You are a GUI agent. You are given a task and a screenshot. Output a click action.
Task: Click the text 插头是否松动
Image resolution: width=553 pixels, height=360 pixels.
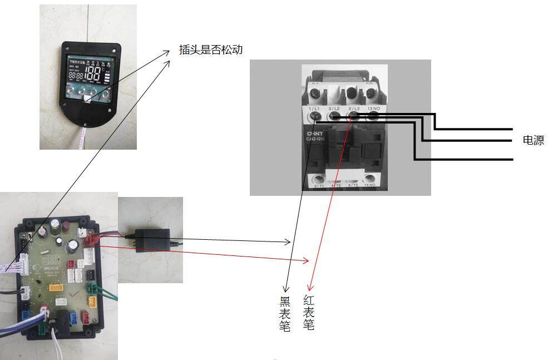coord(211,50)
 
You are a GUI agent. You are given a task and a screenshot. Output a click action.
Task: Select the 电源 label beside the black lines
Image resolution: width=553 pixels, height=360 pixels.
coord(533,140)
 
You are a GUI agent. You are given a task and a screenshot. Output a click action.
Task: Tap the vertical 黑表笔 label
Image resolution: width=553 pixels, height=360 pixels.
coord(285,314)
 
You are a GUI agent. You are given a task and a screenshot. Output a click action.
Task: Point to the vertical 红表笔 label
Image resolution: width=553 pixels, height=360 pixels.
coord(309,313)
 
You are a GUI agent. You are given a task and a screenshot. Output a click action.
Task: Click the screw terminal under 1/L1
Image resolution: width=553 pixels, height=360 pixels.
coord(315,116)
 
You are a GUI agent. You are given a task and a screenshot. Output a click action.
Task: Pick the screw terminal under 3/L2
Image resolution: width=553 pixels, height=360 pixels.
coord(334,116)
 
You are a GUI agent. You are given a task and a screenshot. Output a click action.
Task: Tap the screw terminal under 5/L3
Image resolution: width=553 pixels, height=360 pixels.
coord(354,116)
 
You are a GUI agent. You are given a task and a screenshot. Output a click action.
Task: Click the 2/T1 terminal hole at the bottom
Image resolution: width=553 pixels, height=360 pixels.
coord(319,180)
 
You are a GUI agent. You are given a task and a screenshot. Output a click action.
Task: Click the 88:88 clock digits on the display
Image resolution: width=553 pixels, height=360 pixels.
coord(76,76)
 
